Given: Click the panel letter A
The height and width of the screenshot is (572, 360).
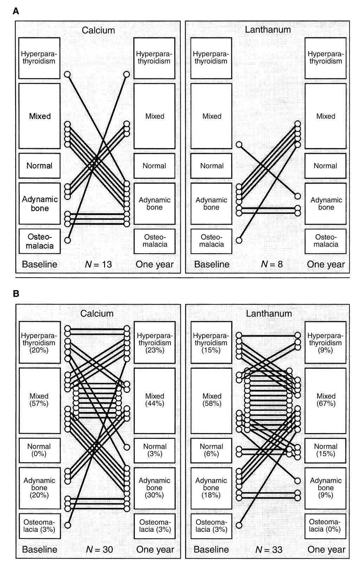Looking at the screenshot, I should click(15, 11).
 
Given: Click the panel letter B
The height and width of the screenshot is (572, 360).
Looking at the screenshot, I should click(15, 294).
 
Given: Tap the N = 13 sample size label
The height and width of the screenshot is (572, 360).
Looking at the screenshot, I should click(98, 264).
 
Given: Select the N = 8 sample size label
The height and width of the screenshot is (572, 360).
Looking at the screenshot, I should click(271, 264).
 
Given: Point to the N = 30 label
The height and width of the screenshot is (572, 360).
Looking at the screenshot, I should click(99, 549).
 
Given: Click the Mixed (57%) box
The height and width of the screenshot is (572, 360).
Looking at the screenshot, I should click(39, 400).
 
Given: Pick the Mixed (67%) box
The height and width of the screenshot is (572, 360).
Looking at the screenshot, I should click(326, 400).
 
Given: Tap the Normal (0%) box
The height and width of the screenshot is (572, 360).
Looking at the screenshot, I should click(39, 450).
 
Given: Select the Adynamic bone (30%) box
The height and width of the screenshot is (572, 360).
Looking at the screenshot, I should click(154, 488).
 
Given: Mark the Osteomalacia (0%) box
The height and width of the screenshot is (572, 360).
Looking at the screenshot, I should click(326, 526).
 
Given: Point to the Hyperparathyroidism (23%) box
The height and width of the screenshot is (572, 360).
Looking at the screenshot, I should click(154, 342).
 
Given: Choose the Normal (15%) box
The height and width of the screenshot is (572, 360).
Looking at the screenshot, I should click(326, 450).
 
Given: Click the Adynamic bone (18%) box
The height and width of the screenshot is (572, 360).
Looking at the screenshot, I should click(211, 488).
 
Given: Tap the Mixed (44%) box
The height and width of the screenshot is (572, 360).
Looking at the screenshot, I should click(154, 400).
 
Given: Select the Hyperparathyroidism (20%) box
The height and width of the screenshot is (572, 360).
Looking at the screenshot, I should click(39, 342).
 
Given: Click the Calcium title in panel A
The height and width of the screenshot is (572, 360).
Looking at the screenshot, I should click(98, 30).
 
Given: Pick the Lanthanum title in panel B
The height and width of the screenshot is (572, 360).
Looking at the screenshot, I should click(269, 313).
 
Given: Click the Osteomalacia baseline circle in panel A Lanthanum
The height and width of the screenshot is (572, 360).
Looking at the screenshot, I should click(239, 240).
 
